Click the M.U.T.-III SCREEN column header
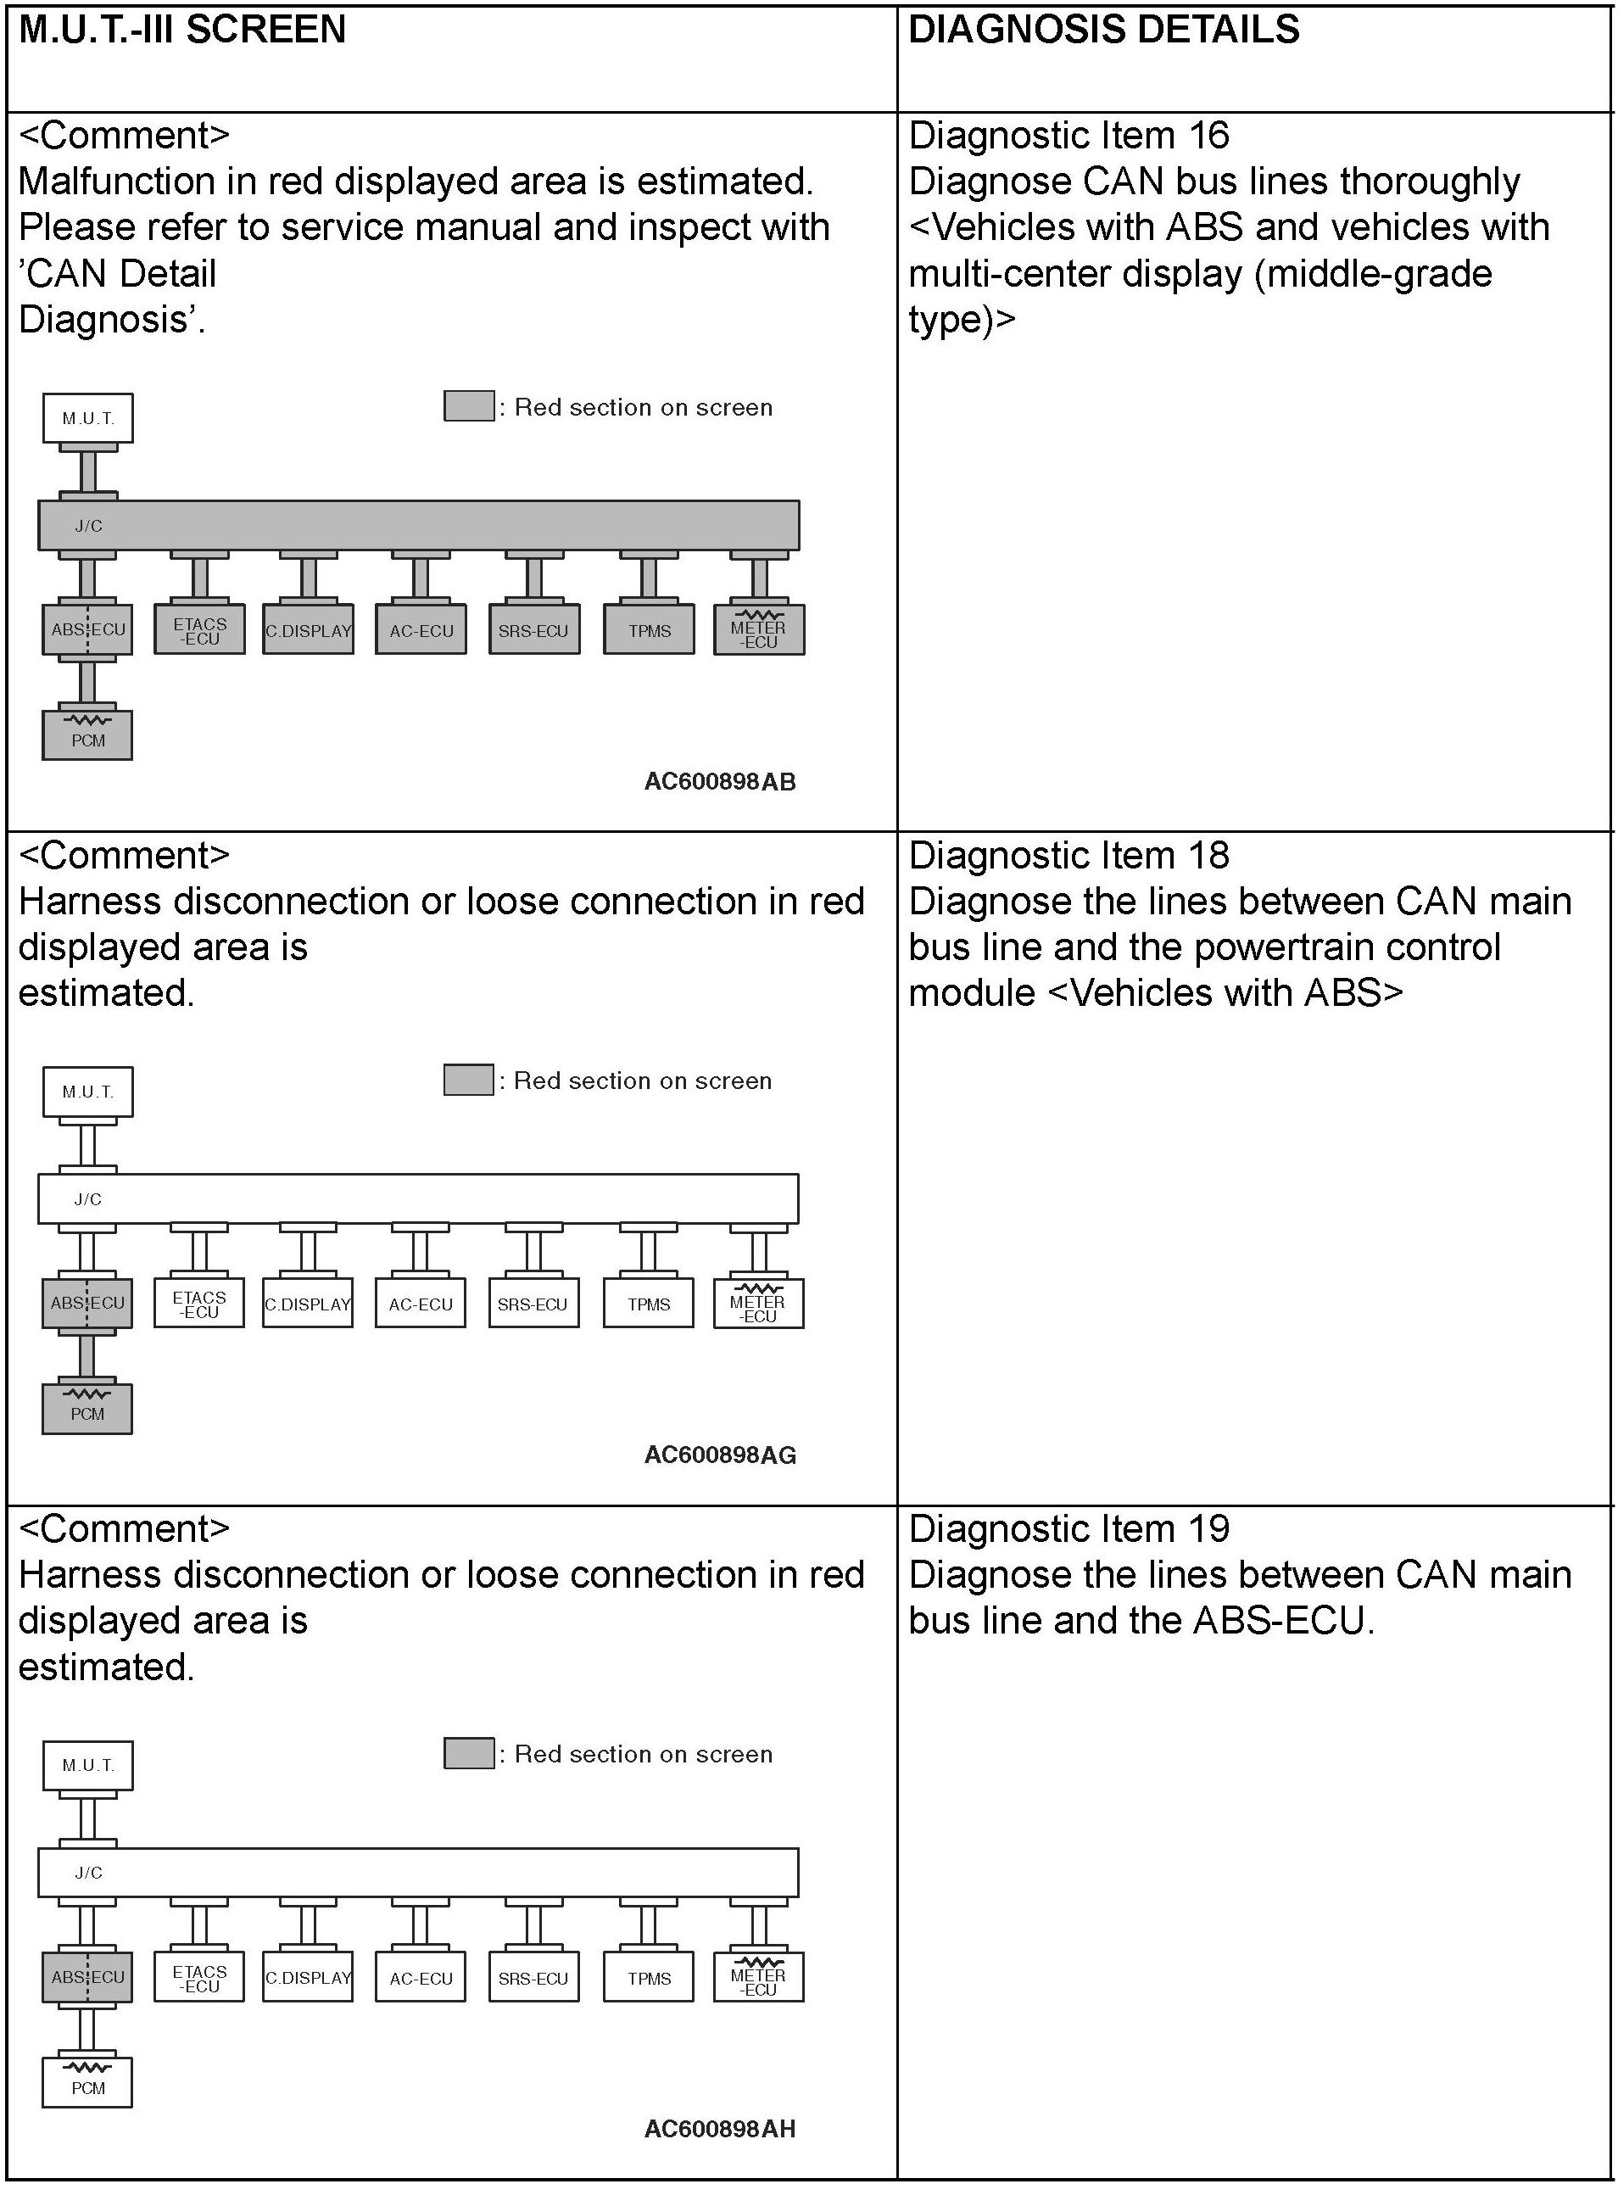pyautogui.click(x=182, y=31)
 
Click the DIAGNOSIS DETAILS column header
pyautogui.click(x=1104, y=31)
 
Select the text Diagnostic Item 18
pyautogui.click(x=1068, y=856)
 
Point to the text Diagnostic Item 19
pyautogui.click(x=1068, y=1529)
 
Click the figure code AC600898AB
pyautogui.click(x=720, y=782)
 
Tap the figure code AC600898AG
pyautogui.click(x=720, y=1455)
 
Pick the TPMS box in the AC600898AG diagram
pyautogui.click(x=650, y=1304)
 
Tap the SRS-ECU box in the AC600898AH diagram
pyautogui.click(x=533, y=1978)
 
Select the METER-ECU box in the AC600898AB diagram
pyautogui.click(x=758, y=631)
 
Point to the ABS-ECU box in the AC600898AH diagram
pyautogui.click(x=87, y=1978)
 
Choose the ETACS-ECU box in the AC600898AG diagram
pyautogui.click(x=198, y=1304)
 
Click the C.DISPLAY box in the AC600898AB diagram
pyautogui.click(x=309, y=631)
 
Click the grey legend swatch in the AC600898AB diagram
pyautogui.click(x=469, y=406)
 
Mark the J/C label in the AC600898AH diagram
pyautogui.click(x=88, y=1873)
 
